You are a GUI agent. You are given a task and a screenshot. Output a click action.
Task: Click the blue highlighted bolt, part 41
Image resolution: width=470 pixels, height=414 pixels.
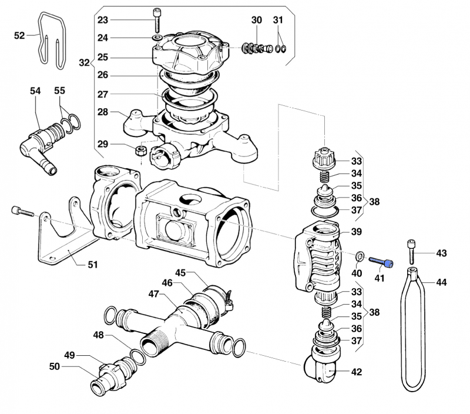tap(381, 262)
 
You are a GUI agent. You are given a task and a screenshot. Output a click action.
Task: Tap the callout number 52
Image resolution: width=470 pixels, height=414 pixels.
tap(19, 35)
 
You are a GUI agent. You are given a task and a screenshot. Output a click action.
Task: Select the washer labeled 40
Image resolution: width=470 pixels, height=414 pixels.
tap(360, 256)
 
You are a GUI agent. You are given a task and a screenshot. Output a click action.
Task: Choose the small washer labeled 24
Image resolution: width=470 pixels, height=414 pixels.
tap(157, 38)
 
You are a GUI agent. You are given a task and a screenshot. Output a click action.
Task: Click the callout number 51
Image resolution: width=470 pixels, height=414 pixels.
tap(93, 265)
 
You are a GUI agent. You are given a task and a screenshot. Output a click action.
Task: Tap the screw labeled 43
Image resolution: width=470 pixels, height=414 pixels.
tap(412, 252)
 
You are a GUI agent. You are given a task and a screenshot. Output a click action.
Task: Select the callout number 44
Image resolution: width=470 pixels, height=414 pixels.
tap(441, 282)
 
